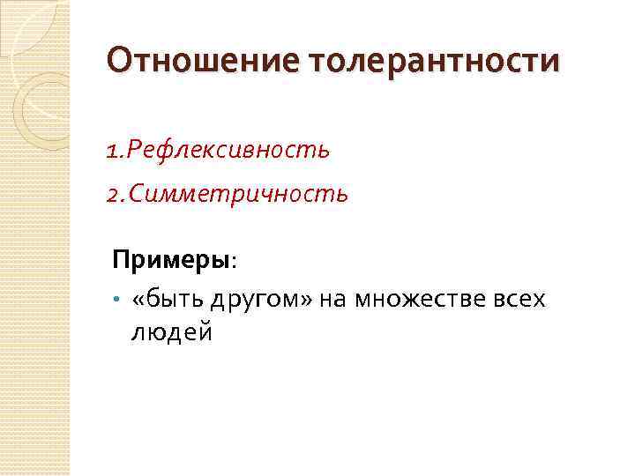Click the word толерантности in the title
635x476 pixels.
pos(434,62)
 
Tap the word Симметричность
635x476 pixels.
pos(239,192)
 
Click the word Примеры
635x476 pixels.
pos(170,262)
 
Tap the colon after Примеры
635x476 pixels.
pos(233,263)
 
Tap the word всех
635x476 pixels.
pos(520,301)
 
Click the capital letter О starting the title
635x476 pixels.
pos(118,62)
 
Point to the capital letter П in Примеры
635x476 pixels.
pos(120,262)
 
